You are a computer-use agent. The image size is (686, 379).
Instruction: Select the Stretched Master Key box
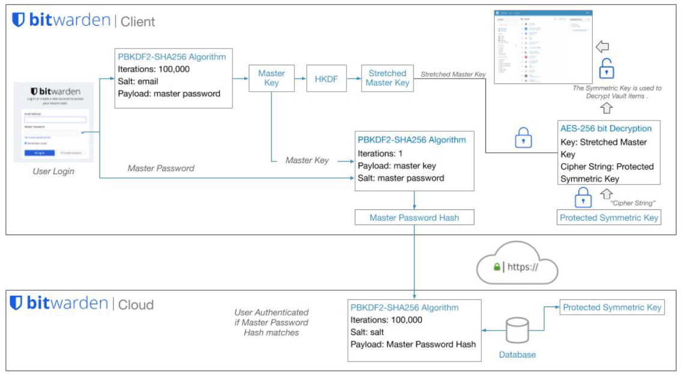(x=387, y=78)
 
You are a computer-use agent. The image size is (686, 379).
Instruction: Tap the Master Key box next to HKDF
(x=272, y=78)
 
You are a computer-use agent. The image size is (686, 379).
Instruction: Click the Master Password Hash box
(x=414, y=218)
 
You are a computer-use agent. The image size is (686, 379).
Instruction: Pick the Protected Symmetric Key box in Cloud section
(x=612, y=308)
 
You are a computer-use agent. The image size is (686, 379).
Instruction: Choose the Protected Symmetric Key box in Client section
(x=609, y=218)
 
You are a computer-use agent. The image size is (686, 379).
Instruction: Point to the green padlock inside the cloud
(x=497, y=267)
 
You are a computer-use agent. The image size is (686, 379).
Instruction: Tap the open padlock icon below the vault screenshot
(x=607, y=70)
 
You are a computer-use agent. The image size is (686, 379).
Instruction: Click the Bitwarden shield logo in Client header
(x=19, y=20)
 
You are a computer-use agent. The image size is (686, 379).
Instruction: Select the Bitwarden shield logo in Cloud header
(x=17, y=303)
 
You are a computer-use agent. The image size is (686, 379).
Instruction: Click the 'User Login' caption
(x=53, y=172)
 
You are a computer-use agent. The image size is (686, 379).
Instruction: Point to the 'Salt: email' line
(x=138, y=82)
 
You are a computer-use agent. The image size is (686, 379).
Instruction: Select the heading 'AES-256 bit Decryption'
(x=606, y=128)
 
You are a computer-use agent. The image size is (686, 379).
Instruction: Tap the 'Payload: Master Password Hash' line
(x=413, y=344)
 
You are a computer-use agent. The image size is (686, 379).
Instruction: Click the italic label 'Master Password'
(x=161, y=169)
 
